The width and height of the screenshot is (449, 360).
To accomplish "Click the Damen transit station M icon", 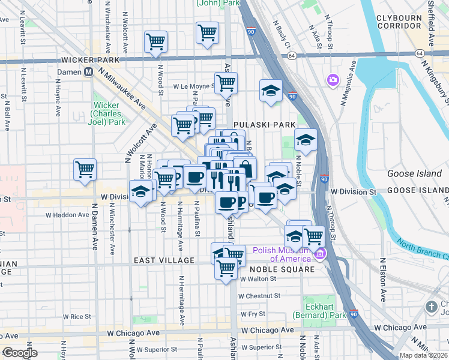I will point(88,71).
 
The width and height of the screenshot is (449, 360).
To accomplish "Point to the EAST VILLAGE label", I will point(164,260).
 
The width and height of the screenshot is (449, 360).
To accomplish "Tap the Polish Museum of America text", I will point(283,255).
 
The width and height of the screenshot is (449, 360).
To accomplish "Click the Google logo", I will point(19,353).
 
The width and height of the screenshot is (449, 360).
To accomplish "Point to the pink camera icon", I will point(333,79).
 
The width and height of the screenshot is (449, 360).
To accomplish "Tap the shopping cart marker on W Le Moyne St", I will point(226,83).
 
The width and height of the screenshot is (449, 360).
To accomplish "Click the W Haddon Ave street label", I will point(67,215).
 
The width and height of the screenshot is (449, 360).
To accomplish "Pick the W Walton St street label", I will point(258,278).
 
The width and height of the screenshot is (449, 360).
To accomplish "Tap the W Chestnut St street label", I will point(259,296).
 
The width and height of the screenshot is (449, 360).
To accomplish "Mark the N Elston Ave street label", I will point(383,283).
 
